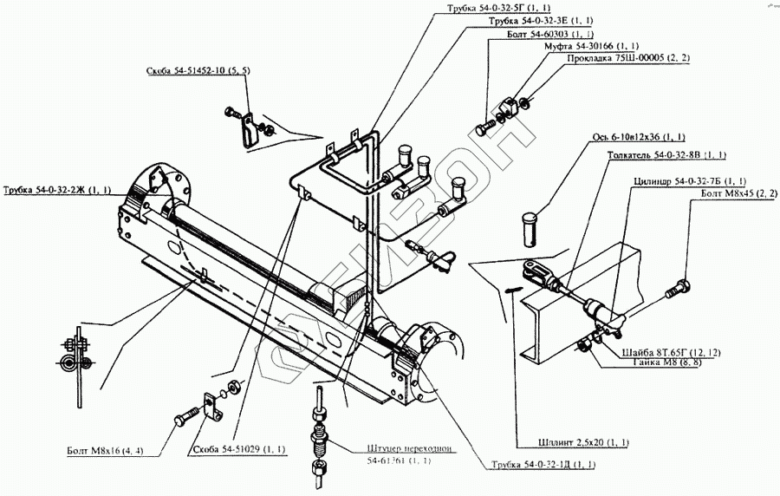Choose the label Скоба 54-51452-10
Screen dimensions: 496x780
(x=198, y=73)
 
